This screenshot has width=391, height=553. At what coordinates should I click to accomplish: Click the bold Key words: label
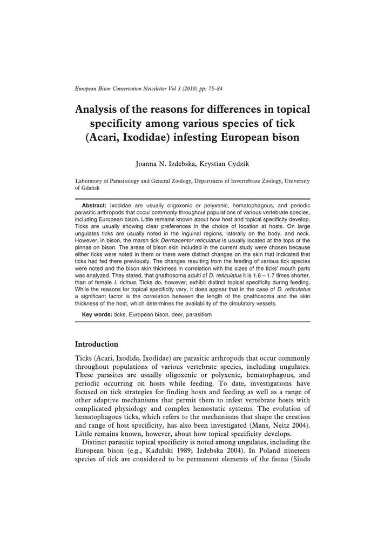coord(97,314)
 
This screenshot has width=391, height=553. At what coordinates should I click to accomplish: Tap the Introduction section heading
coord(96,344)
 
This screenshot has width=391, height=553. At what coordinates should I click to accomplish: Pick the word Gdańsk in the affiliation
coord(87,188)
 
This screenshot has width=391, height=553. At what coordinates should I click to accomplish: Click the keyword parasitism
coord(198,314)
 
